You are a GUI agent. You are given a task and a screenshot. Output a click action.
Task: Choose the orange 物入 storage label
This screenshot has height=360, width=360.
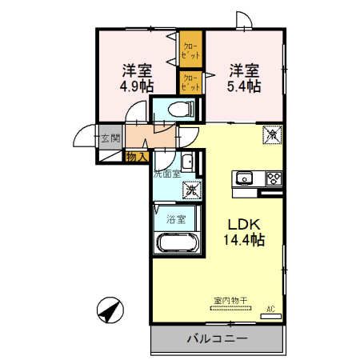(x=136, y=157)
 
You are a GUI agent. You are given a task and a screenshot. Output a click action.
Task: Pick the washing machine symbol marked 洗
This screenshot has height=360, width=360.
(x=192, y=190)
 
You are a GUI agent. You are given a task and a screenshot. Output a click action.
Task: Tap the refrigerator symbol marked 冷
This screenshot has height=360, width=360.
(x=270, y=134)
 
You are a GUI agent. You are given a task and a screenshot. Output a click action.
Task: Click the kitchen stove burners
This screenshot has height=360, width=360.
(x=274, y=178)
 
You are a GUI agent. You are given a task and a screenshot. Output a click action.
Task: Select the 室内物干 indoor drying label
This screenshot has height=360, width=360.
(x=230, y=299)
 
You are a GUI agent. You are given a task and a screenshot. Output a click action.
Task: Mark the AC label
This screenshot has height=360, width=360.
(x=270, y=308)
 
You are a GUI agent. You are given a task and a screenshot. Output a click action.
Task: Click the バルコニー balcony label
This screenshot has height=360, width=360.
(x=218, y=339)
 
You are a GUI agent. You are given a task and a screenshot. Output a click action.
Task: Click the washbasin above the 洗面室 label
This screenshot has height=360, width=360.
(x=187, y=163)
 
